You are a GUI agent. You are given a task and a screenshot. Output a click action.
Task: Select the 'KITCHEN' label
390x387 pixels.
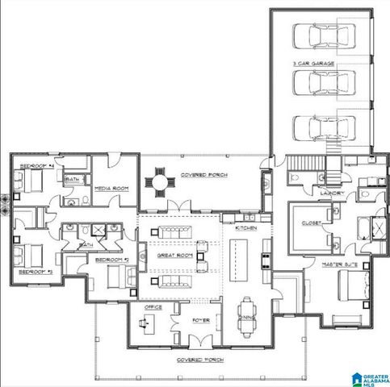245,229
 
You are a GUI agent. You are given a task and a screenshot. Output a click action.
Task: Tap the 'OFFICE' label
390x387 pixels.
153,307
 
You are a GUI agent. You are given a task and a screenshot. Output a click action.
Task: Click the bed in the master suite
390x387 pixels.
354,286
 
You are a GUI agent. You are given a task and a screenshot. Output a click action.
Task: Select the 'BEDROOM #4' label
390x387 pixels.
35,165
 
